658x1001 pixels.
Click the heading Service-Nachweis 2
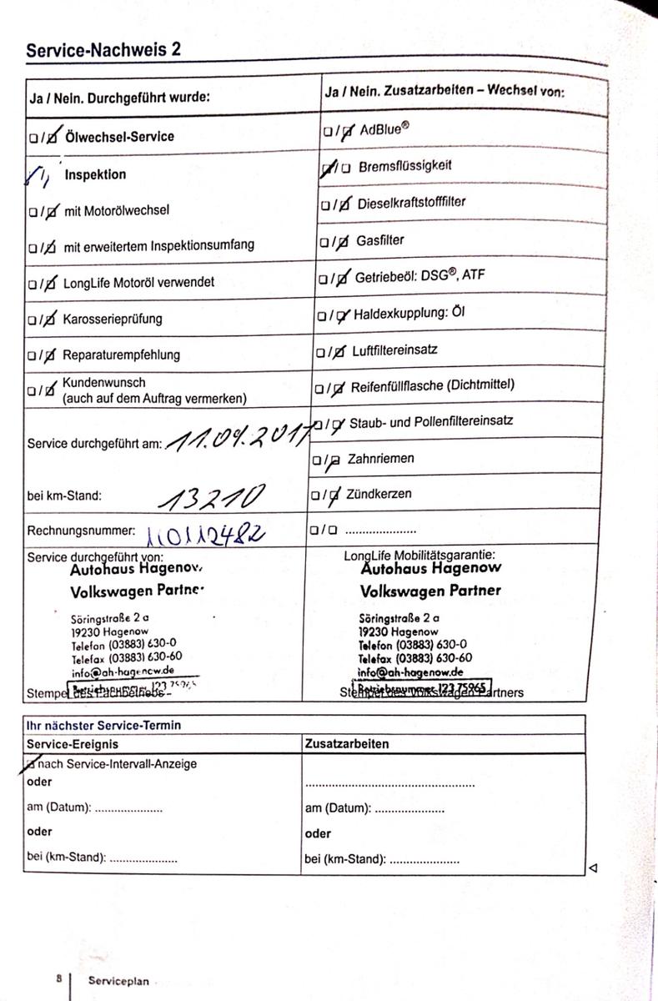pos(103,50)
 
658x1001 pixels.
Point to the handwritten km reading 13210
pos(212,497)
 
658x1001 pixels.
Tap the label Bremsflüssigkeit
pos(404,166)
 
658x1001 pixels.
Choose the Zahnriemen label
pos(386,459)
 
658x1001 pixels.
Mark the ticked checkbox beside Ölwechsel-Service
pos(53,135)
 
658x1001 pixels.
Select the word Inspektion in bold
pos(95,174)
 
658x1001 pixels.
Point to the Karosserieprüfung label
pos(113,319)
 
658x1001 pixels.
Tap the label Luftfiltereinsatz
pos(394,350)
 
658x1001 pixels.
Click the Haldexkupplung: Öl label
pos(409,314)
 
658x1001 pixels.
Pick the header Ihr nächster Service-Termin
pos(104,725)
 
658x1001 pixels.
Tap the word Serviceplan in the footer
pos(119,981)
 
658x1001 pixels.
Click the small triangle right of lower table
pos(593,868)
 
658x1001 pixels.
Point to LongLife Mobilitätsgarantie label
pos(419,555)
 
